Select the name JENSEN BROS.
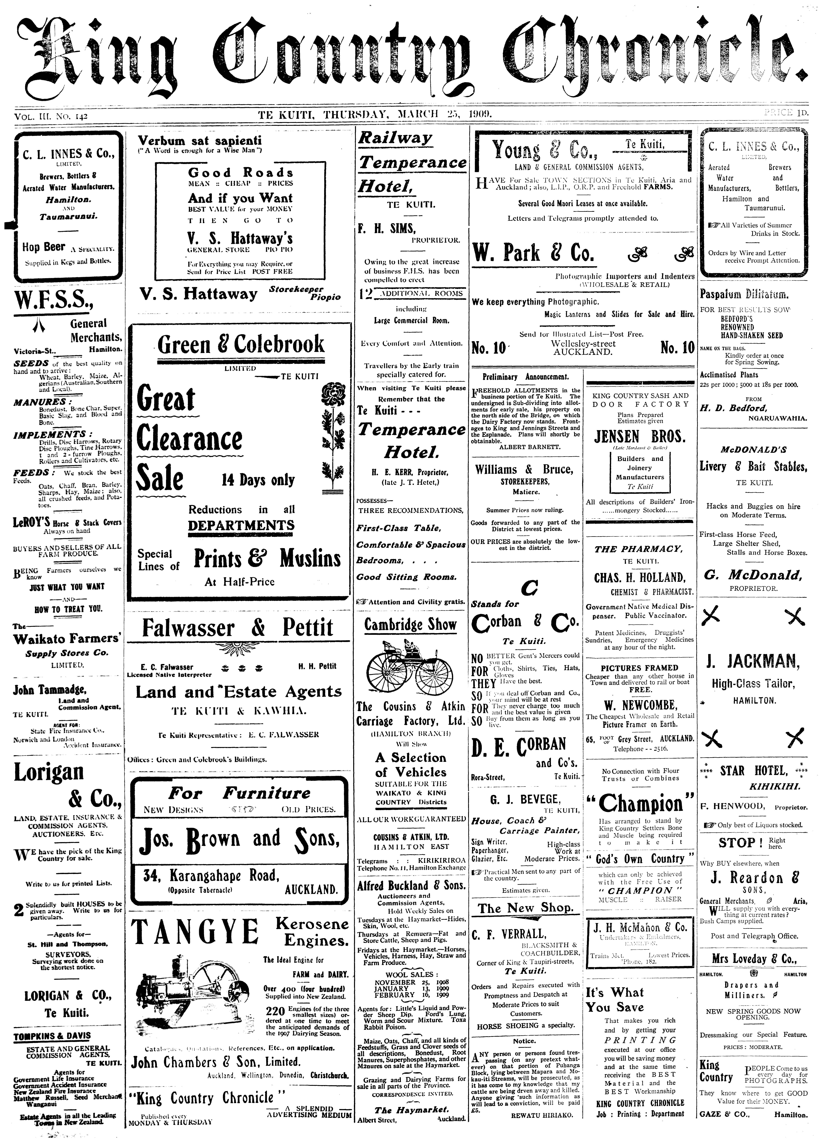pos(639,436)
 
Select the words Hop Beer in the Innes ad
pos(44,247)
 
